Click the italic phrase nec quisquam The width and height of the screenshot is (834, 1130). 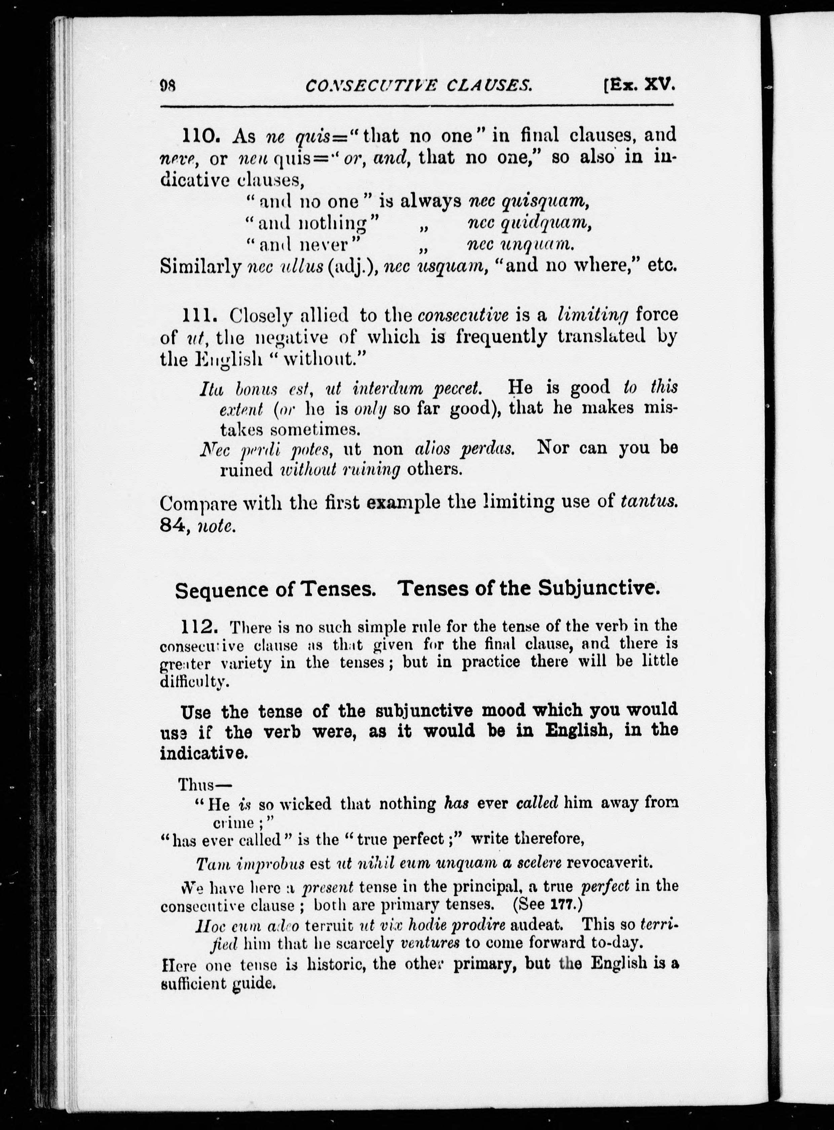tap(529, 202)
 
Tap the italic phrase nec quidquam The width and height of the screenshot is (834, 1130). tap(530, 224)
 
